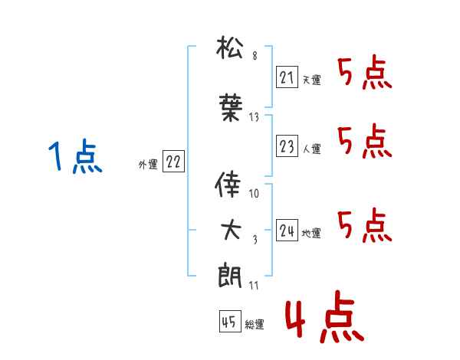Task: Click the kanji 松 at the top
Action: pyautogui.click(x=229, y=47)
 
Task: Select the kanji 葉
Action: pyautogui.click(x=231, y=107)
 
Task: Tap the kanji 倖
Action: pyautogui.click(x=228, y=184)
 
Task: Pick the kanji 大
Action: pyautogui.click(x=231, y=230)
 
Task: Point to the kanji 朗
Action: pyautogui.click(x=229, y=275)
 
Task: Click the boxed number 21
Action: pyautogui.click(x=287, y=77)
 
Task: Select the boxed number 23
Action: pyautogui.click(x=287, y=146)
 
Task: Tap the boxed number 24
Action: pyautogui.click(x=287, y=230)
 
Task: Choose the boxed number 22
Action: pyautogui.click(x=173, y=161)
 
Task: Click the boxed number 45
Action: pyautogui.click(x=230, y=321)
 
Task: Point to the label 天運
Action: pyautogui.click(x=312, y=80)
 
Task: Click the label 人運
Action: pyautogui.click(x=312, y=149)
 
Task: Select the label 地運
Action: pyautogui.click(x=311, y=234)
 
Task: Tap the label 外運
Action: pyautogui.click(x=148, y=165)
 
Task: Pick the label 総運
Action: pyautogui.click(x=255, y=324)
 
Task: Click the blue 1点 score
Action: pyautogui.click(x=75, y=156)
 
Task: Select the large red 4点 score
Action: pyautogui.click(x=324, y=316)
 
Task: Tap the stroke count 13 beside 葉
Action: pyautogui.click(x=254, y=117)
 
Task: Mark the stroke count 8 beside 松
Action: pyautogui.click(x=255, y=56)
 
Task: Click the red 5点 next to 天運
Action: pyautogui.click(x=365, y=72)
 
